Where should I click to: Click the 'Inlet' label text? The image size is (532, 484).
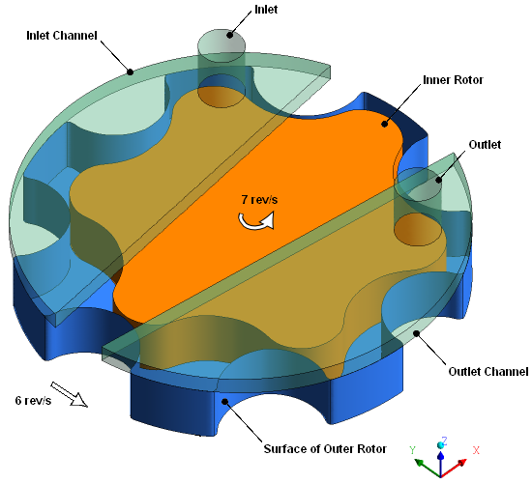[266, 10]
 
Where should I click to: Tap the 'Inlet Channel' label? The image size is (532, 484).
[62, 35]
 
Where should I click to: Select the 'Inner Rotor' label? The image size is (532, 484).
[453, 79]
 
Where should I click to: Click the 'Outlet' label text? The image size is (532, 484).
[485, 144]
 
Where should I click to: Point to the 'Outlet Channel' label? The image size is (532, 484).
[488, 372]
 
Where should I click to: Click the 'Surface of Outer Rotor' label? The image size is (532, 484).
[325, 449]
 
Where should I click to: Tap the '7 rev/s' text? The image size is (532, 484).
[259, 200]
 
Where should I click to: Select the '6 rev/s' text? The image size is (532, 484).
[33, 400]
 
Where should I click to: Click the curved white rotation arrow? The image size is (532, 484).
[256, 221]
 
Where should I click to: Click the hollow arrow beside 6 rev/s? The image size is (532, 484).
[70, 394]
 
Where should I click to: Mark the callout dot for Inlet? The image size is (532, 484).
[230, 35]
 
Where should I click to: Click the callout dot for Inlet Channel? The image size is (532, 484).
[131, 71]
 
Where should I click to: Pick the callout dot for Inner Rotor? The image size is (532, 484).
[384, 124]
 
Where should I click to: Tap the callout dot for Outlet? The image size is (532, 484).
[438, 180]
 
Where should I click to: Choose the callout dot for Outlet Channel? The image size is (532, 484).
[416, 333]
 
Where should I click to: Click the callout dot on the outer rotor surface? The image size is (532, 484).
[224, 402]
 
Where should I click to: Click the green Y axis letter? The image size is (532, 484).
[412, 450]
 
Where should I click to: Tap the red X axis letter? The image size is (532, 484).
[476, 450]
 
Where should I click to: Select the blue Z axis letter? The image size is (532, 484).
[444, 441]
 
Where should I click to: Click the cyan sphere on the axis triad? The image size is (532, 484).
[440, 445]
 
